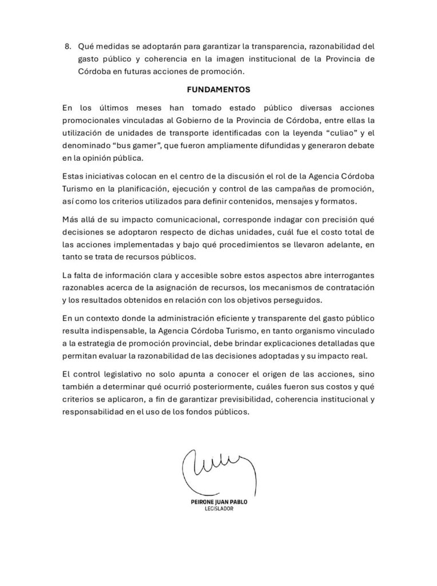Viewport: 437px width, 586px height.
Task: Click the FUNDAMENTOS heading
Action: [x=218, y=90]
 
